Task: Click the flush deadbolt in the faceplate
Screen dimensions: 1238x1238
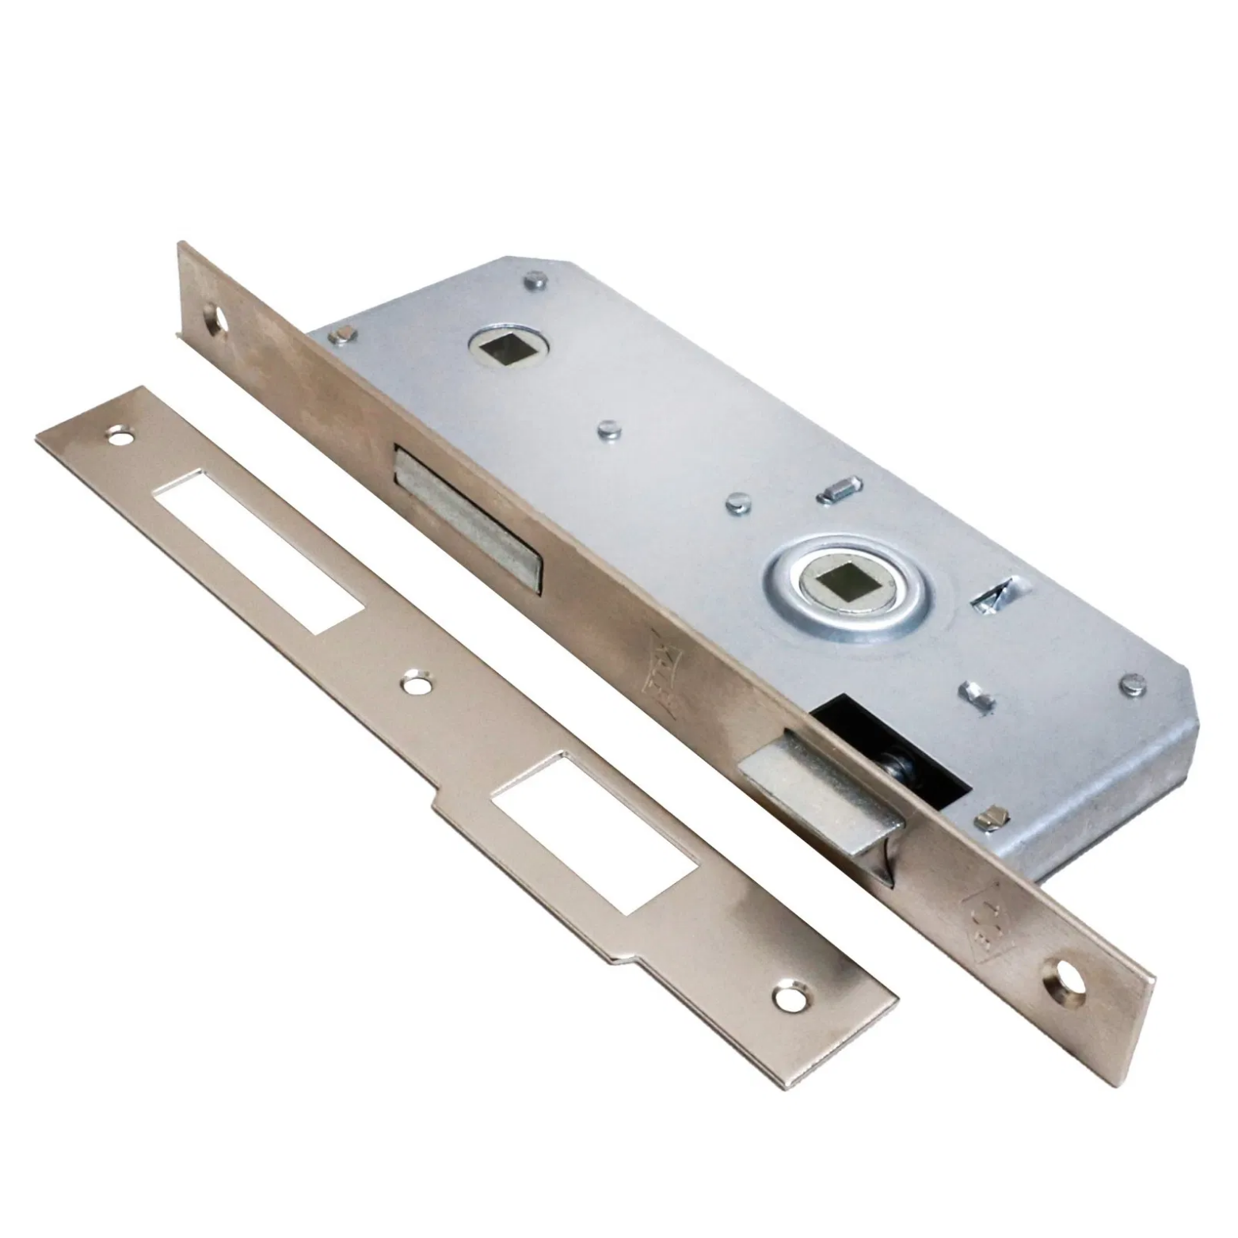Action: tap(467, 515)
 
